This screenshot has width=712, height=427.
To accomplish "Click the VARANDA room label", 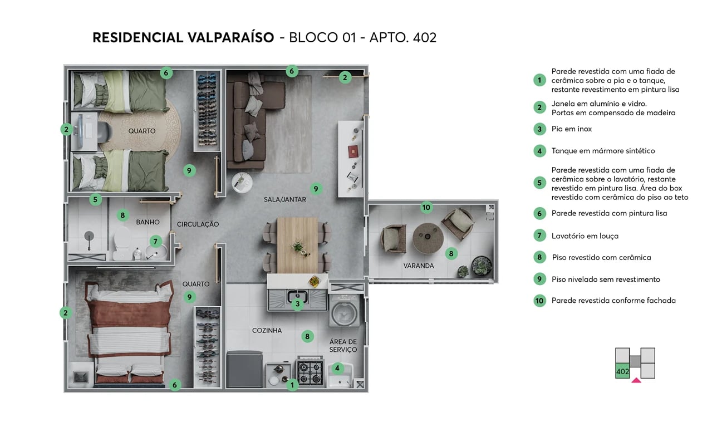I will click(418, 266).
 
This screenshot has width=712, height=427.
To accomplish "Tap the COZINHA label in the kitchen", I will click(267, 331).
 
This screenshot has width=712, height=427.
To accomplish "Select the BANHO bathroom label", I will click(148, 222).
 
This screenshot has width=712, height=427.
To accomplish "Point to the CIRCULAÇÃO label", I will click(198, 224).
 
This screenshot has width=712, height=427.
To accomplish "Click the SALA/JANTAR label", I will click(284, 199).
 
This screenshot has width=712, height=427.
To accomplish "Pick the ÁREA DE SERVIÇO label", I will click(343, 346).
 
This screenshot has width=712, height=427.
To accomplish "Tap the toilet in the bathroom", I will click(121, 244).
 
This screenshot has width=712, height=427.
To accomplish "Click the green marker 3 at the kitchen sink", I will click(298, 304).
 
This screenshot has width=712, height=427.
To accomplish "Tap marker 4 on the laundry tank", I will click(337, 368).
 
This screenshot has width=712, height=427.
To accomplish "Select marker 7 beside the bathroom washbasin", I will click(156, 242).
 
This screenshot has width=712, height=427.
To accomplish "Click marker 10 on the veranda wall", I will click(426, 208).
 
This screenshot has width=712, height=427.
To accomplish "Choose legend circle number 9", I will click(539, 279).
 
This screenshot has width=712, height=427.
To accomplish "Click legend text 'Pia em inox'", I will click(571, 129).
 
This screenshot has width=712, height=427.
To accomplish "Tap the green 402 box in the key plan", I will click(622, 371).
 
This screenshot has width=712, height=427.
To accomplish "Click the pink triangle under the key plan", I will click(636, 381).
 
